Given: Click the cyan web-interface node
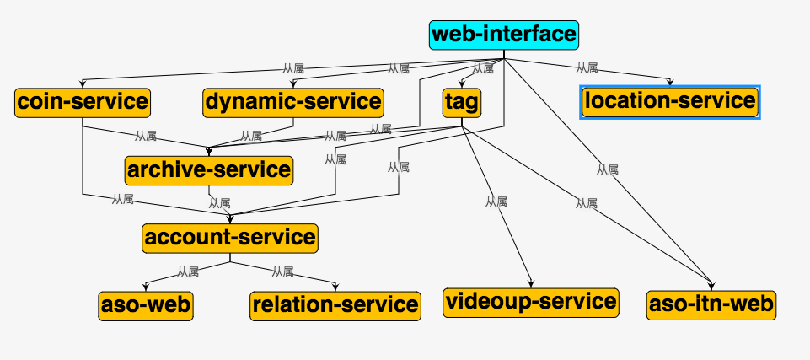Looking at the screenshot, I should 504,35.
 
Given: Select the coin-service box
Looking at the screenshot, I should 83,102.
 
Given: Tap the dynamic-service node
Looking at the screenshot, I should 292,102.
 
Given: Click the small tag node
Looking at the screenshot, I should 462,103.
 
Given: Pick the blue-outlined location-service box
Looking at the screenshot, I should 670,101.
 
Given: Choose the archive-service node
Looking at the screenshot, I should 209,170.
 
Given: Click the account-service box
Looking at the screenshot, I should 230,238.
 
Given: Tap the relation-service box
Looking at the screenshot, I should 335,304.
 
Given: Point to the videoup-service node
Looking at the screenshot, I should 531,301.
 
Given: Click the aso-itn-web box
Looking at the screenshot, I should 711,304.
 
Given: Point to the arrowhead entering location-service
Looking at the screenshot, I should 670,83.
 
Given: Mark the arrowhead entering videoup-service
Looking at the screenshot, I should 531,285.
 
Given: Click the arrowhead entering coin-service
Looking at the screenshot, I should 83,84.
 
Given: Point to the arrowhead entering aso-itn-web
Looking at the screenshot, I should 711,287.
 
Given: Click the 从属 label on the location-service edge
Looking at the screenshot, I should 587,67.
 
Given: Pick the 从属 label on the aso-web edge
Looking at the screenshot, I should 188,271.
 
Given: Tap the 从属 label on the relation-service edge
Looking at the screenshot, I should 283,271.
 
